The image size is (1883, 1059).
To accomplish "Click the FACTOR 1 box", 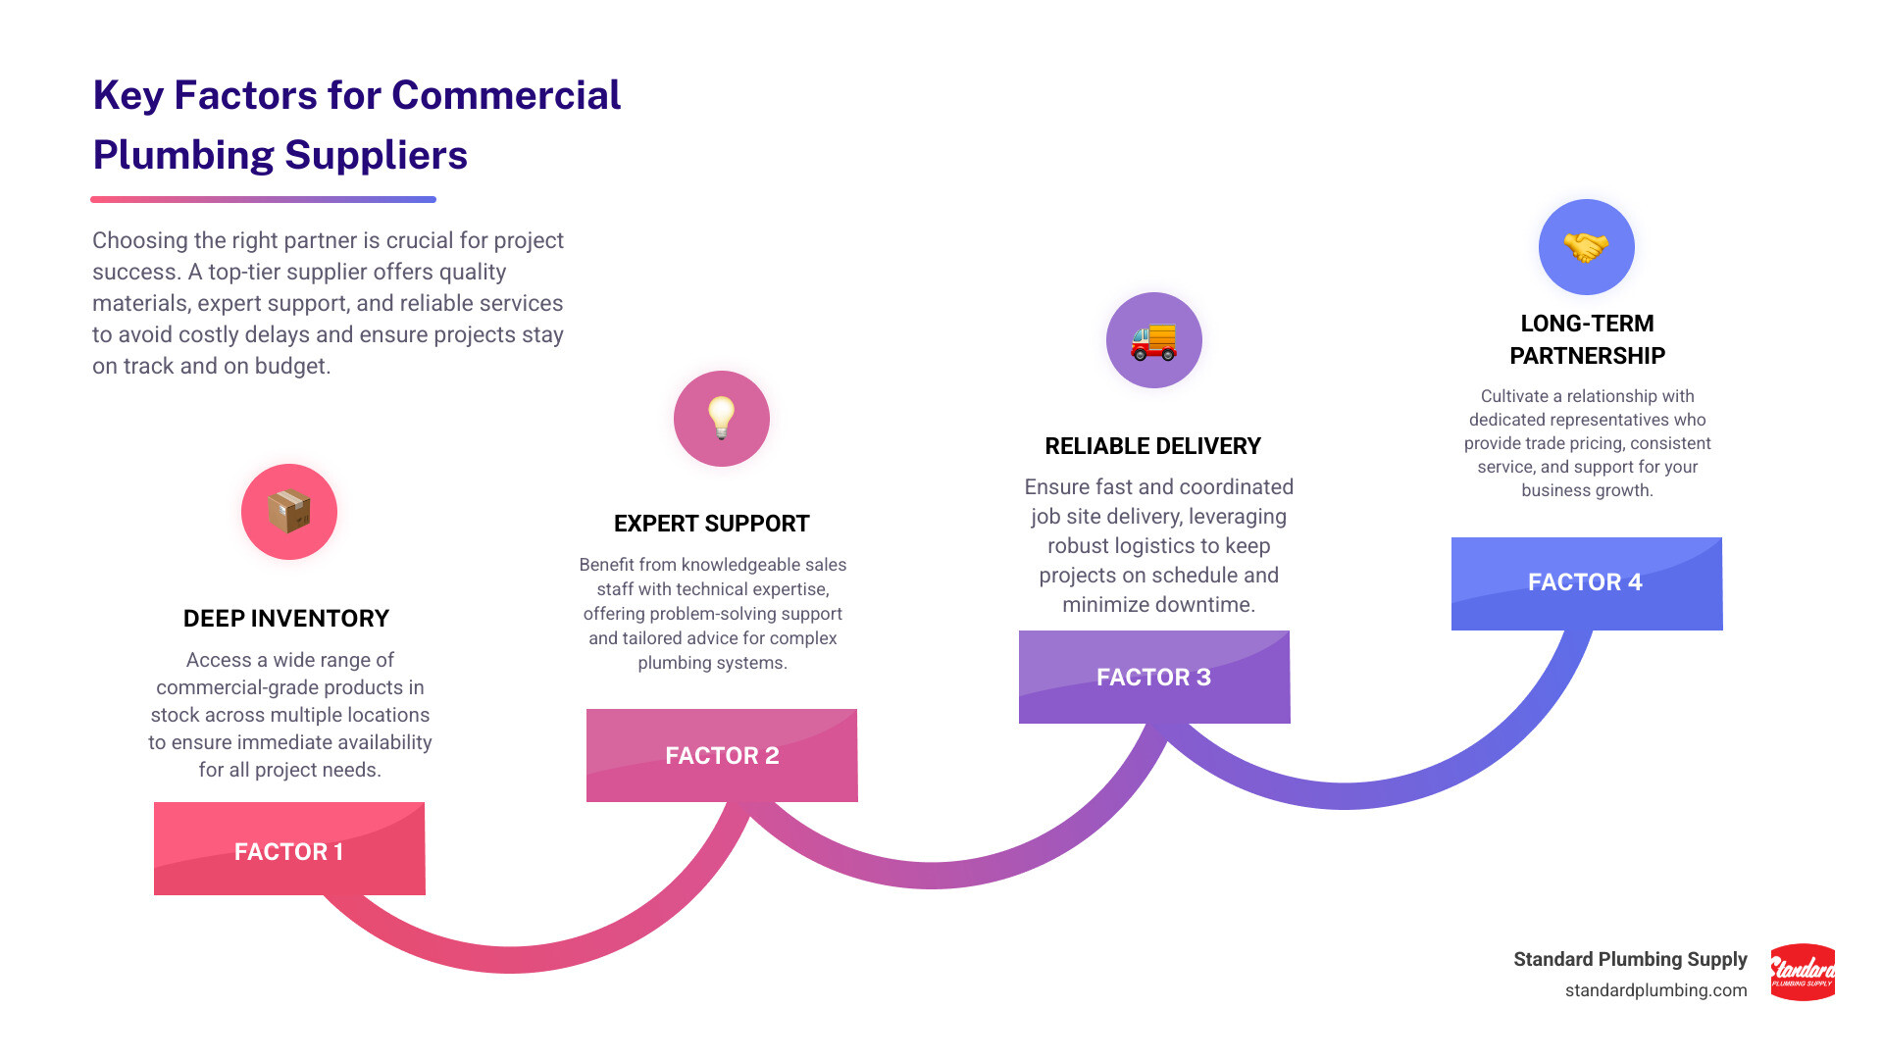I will (x=289, y=849).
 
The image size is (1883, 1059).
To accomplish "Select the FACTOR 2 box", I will (x=722, y=755).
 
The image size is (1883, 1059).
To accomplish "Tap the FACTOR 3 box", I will (x=1154, y=677).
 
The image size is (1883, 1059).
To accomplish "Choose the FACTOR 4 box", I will (x=1586, y=582).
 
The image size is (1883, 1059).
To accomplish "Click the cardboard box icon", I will (x=289, y=512).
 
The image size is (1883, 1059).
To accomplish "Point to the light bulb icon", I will (x=722, y=418).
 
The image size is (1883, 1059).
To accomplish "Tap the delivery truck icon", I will (x=1153, y=340).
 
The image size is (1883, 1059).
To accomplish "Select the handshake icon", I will (x=1586, y=247).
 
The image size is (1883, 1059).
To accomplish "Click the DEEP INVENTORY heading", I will (x=286, y=619).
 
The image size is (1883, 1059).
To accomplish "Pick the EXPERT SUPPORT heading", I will (x=712, y=524).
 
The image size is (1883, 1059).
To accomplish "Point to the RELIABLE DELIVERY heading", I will (x=1153, y=446).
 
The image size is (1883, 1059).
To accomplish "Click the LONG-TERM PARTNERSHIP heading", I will (x=1587, y=339).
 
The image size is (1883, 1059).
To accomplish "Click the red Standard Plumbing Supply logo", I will (x=1803, y=972).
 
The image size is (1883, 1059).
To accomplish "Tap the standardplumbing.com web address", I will (x=1655, y=990).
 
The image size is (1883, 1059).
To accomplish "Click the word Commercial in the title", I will (x=506, y=95).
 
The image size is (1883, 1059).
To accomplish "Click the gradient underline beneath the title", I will (x=263, y=199).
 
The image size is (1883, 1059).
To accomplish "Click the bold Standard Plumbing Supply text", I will (x=1630, y=959).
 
